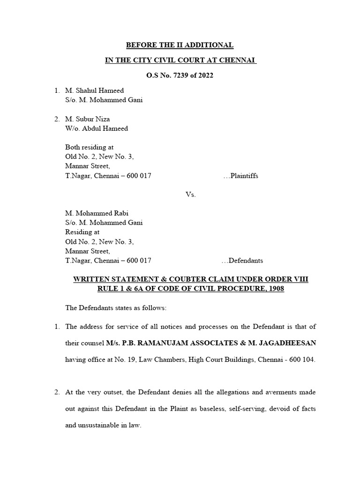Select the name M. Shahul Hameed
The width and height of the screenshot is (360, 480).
tap(94, 90)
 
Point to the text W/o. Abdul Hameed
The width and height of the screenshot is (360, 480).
tap(97, 128)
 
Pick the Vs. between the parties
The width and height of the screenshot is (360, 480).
tap(190, 195)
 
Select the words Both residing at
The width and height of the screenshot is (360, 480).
tap(89, 147)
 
